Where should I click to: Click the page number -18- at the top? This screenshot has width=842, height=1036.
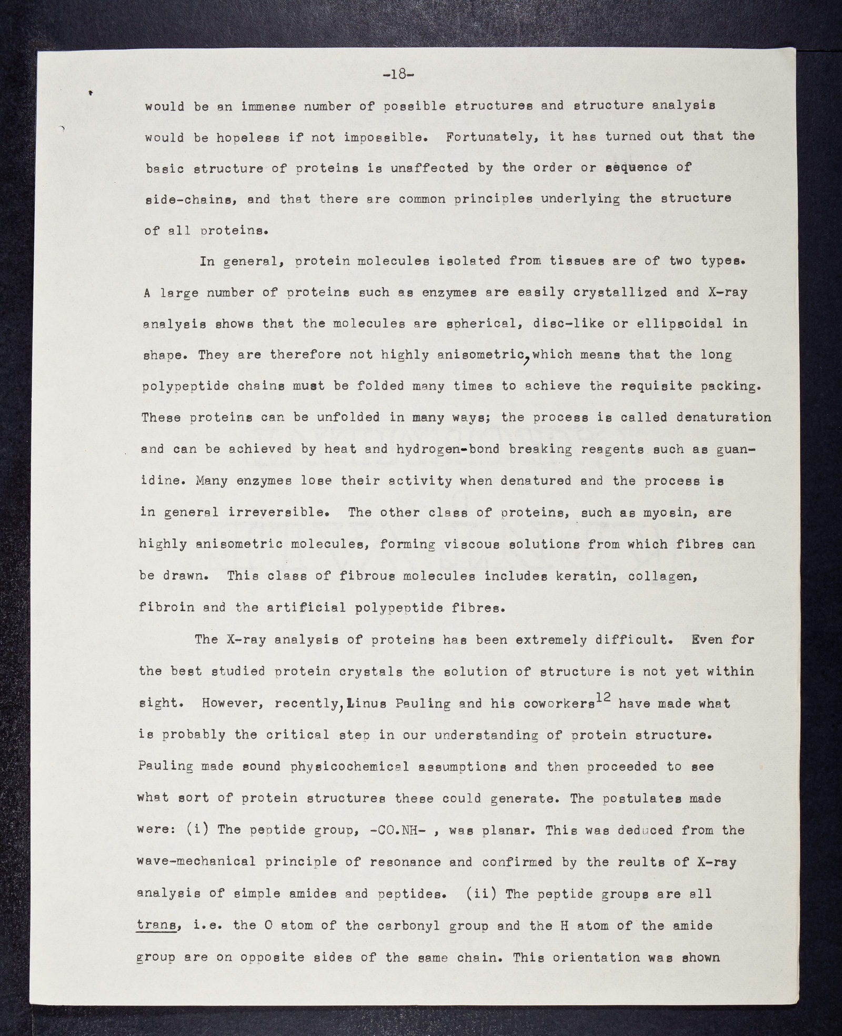(398, 74)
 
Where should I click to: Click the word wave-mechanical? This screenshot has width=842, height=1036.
(196, 862)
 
